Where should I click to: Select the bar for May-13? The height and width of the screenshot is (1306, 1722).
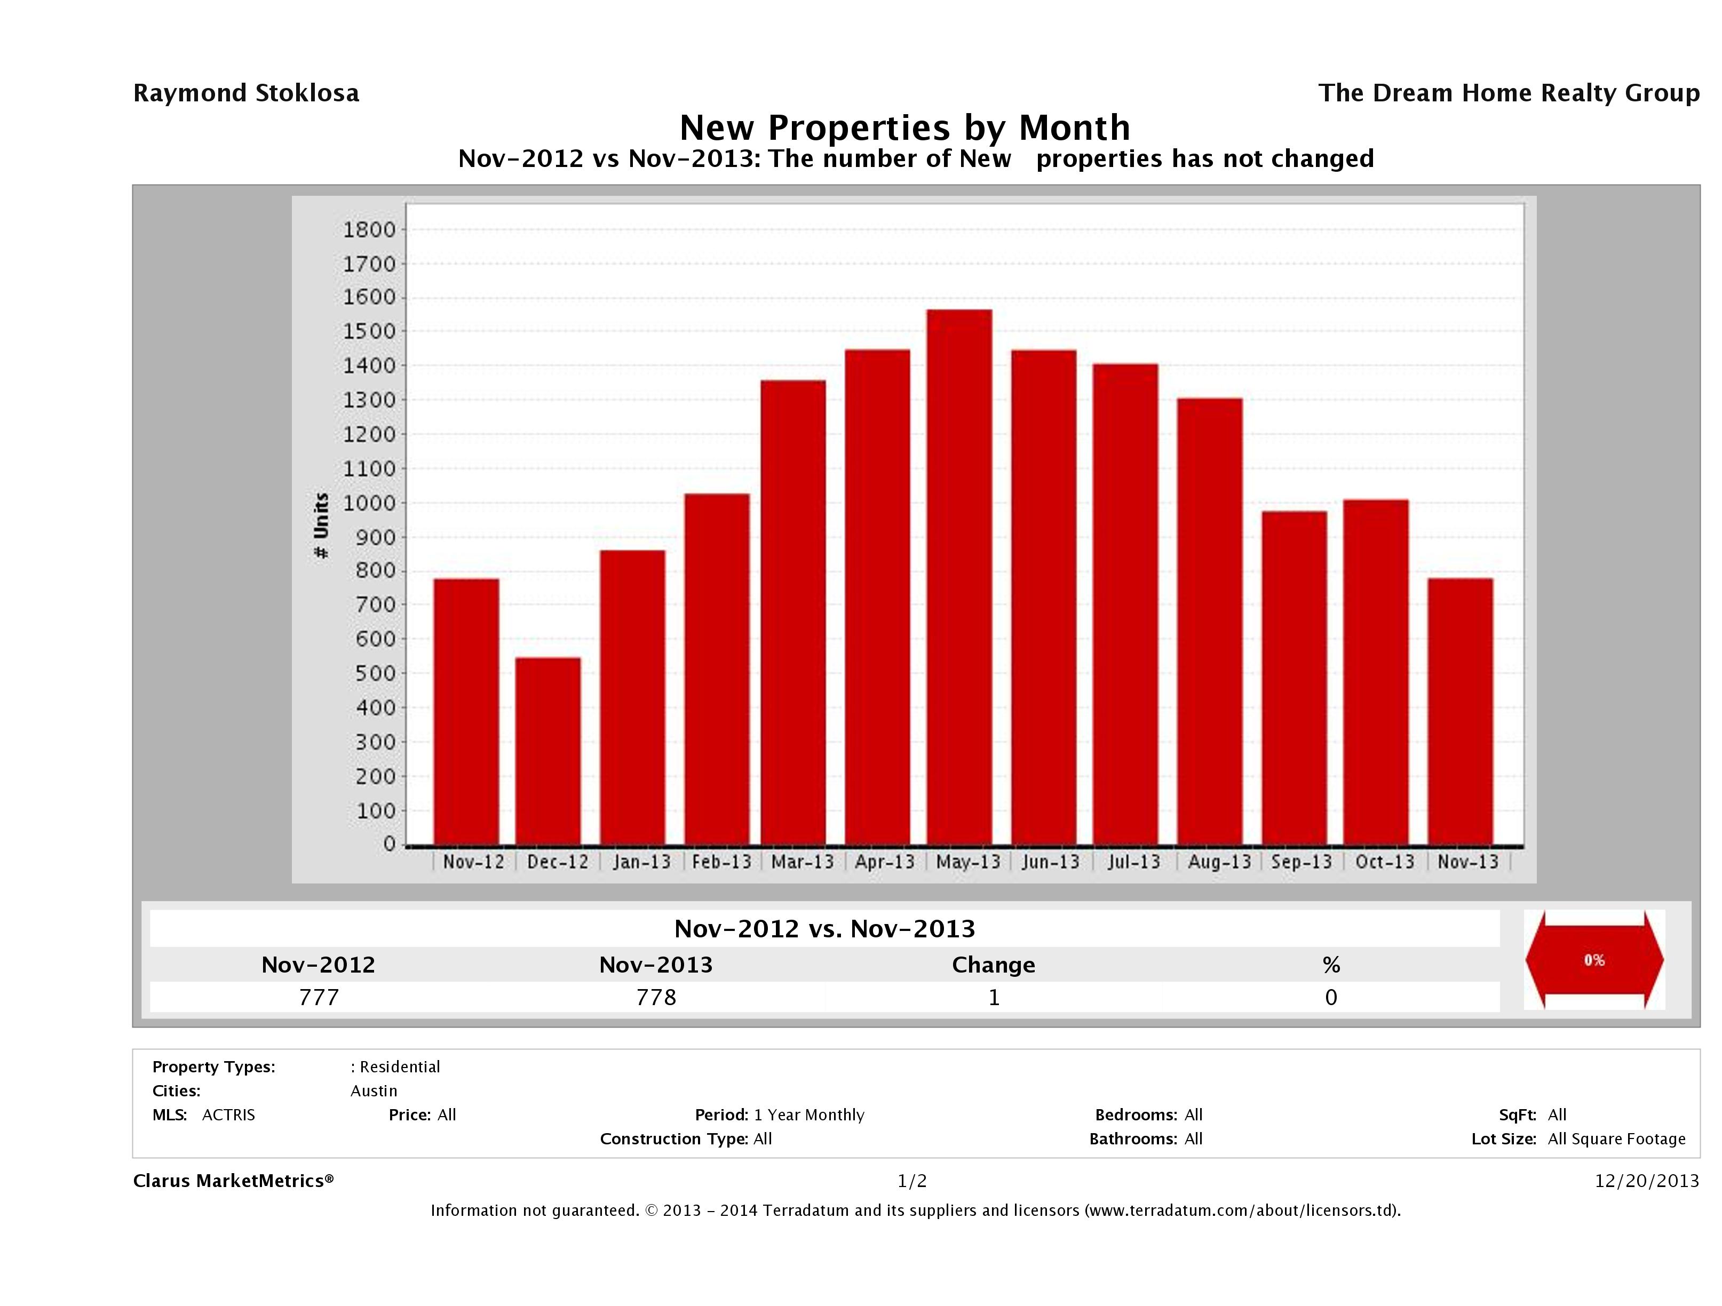pyautogui.click(x=959, y=577)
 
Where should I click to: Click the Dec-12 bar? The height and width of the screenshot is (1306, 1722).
pyautogui.click(x=547, y=751)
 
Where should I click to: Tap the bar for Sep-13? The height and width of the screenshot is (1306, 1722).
pyautogui.click(x=1294, y=677)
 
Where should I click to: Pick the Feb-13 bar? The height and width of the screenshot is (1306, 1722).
pyautogui.click(x=717, y=670)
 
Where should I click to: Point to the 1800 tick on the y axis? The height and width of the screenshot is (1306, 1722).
pyautogui.click(x=369, y=229)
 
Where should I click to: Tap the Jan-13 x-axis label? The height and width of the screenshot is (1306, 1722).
pyautogui.click(x=641, y=862)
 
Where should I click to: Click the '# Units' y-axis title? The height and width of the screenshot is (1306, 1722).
pyautogui.click(x=321, y=525)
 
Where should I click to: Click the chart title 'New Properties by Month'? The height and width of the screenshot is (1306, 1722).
pyautogui.click(x=904, y=127)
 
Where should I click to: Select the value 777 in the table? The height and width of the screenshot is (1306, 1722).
pyautogui.click(x=319, y=997)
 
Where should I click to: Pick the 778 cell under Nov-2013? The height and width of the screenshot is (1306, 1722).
pyautogui.click(x=655, y=997)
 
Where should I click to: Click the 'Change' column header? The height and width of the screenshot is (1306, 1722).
pyautogui.click(x=994, y=965)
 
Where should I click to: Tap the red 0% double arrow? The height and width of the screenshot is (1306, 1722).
pyautogui.click(x=1593, y=960)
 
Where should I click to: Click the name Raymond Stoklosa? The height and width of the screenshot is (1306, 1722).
pyautogui.click(x=246, y=93)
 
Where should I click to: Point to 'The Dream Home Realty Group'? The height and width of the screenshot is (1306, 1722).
pyautogui.click(x=1509, y=93)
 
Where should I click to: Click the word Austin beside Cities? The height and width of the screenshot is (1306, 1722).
pyautogui.click(x=374, y=1091)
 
